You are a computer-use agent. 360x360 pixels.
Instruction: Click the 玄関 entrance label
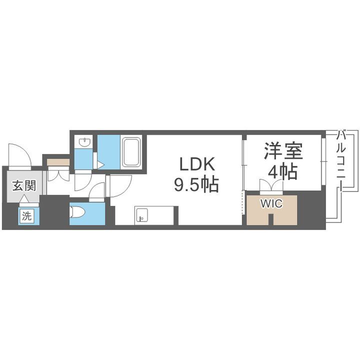(23, 186)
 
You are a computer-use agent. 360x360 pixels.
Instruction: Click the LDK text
(196, 164)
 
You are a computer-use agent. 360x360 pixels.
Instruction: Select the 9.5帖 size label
(196, 185)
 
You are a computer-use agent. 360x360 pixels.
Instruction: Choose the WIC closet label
(271, 204)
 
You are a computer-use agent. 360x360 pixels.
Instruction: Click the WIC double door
(271, 187)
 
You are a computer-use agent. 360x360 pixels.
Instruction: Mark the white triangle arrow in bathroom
(100, 164)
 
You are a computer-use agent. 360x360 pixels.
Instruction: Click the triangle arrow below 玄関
(23, 199)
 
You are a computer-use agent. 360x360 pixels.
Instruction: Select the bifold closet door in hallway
(58, 175)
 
